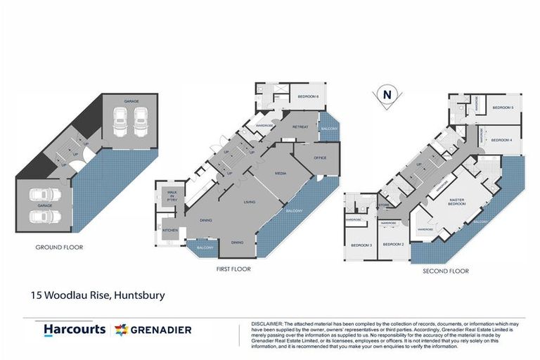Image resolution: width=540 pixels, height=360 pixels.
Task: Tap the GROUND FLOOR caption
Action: tap(59, 247)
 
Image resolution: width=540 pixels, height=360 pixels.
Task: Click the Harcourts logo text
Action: tap(75, 329)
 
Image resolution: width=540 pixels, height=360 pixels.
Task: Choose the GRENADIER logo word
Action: tap(160, 329)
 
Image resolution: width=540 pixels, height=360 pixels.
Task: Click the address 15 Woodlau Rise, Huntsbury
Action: tap(98, 295)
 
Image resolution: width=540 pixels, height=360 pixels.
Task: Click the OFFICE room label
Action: tap(321, 157)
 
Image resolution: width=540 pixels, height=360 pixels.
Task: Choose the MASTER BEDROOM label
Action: tap(461, 203)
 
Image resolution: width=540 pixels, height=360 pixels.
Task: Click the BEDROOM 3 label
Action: tap(361, 245)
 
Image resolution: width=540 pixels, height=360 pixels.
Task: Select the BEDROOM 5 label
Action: tap(502, 108)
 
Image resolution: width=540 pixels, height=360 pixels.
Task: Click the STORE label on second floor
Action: tap(384, 205)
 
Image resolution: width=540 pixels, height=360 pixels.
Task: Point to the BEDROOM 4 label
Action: tap(501, 140)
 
